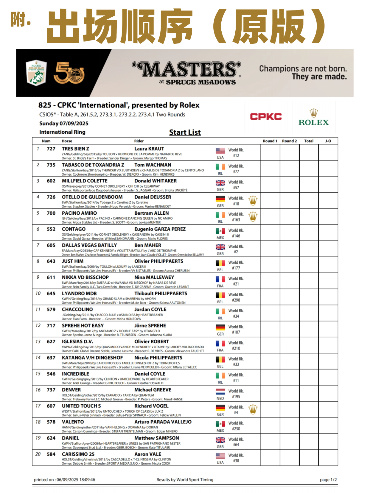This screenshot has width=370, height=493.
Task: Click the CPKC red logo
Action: click(265, 116)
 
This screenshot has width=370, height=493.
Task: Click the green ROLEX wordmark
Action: click(313, 122)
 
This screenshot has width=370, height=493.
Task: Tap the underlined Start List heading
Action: click(185, 132)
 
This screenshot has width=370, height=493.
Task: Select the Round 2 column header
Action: click(289, 141)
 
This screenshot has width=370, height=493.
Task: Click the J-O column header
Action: click(328, 141)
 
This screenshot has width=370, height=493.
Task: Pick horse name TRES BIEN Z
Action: click(75, 149)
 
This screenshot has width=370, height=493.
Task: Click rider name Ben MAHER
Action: click(148, 245)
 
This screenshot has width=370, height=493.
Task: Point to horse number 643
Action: click(51, 261)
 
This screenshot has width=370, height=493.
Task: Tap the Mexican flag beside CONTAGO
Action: click(220, 231)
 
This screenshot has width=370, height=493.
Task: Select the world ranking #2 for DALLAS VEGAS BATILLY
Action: click(236, 252)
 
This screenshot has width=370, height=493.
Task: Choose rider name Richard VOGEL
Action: click(151, 406)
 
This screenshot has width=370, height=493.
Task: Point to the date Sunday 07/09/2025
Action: click(64, 123)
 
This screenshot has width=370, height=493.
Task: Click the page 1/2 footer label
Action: click(328, 480)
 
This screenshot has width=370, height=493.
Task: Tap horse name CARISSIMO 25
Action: click(78, 454)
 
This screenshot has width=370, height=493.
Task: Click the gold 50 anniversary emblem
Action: click(69, 73)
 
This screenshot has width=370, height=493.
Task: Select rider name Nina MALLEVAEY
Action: click(154, 277)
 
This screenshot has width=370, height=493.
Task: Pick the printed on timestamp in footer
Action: click(64, 480)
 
